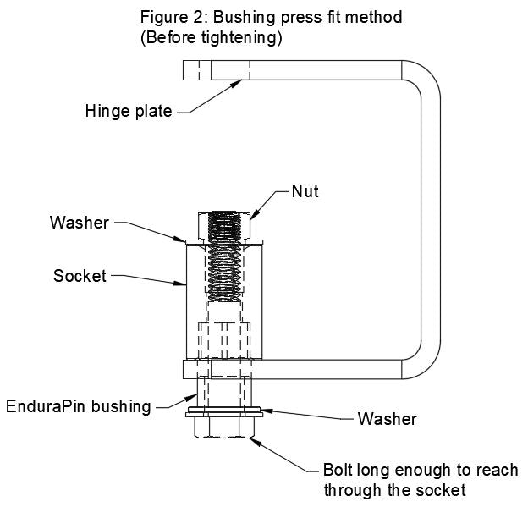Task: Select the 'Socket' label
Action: coord(80,276)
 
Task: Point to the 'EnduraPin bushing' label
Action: coord(77,405)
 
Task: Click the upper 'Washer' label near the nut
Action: coord(79,223)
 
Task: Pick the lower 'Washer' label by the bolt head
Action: coord(387,418)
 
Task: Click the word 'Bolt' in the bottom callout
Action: coord(338,471)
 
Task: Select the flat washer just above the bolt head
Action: coord(225,413)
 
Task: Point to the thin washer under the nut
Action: coord(223,242)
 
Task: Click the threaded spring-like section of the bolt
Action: coord(223,271)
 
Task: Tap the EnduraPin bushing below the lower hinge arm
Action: coord(223,392)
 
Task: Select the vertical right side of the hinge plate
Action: coord(431,220)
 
